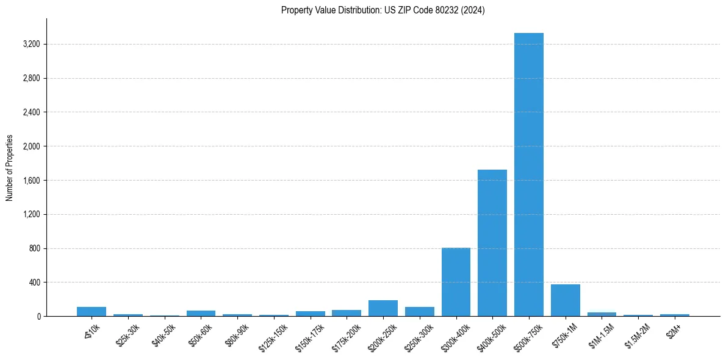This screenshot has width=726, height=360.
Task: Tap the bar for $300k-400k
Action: [456, 282]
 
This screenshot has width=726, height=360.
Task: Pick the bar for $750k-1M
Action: [565, 300]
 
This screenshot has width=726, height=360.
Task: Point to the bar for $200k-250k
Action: [383, 308]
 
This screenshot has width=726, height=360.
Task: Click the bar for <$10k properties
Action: [92, 311]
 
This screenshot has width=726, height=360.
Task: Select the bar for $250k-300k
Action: [419, 311]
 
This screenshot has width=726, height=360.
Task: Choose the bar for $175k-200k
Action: [346, 313]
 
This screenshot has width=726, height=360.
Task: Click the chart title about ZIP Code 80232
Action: [383, 10]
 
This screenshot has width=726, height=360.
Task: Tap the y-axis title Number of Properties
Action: [10, 167]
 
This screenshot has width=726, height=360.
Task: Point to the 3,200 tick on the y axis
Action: [31, 45]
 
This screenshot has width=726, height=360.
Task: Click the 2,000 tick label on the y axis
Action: [31, 146]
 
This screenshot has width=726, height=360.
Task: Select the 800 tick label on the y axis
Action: [34, 249]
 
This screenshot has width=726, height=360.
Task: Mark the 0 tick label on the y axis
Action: [38, 317]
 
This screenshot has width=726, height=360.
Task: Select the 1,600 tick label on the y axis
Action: [31, 181]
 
